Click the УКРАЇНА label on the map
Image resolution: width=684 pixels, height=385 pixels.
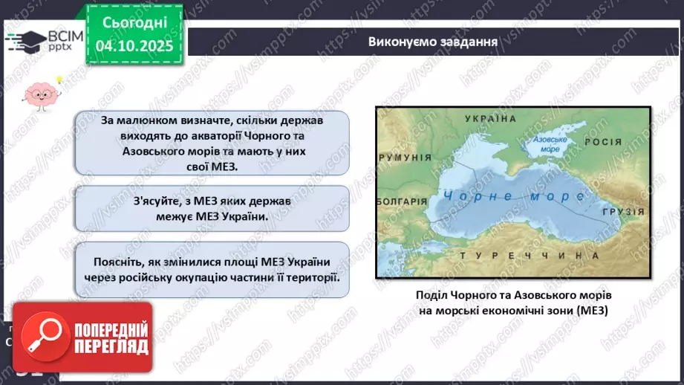click(x=490, y=119)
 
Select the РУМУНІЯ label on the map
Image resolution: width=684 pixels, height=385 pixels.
click(x=405, y=158)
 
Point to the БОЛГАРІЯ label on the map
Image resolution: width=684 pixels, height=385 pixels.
click(x=402, y=201)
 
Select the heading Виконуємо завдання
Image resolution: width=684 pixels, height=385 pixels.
click(x=432, y=42)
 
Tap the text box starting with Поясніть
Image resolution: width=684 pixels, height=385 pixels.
click(x=212, y=269)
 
